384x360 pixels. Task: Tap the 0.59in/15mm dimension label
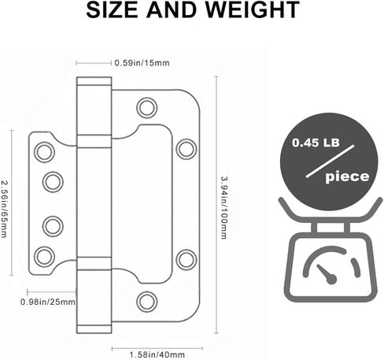pos(142,62)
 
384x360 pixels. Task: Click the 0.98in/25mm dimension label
pos(49,300)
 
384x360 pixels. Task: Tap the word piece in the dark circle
pos(347,177)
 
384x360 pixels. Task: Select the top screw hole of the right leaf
pos(146,106)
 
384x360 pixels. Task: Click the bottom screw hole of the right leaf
pos(146,299)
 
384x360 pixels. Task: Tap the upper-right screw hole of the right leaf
pos(186,147)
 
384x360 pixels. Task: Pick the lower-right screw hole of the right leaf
pos(186,258)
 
